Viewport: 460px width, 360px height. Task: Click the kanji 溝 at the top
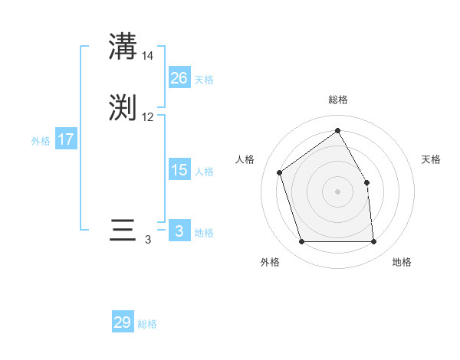(123, 47)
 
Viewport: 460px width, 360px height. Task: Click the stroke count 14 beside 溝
(148, 55)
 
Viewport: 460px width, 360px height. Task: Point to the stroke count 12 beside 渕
(148, 117)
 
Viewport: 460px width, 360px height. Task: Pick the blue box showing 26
(179, 78)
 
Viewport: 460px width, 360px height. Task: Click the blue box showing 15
(179, 170)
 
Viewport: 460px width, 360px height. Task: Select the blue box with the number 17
(66, 139)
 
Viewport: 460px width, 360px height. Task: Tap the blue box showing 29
(123, 322)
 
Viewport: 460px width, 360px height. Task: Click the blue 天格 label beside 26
(204, 80)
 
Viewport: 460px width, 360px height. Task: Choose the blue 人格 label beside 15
(204, 172)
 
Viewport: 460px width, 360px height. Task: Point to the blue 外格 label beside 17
(41, 141)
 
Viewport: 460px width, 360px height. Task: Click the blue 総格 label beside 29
(148, 324)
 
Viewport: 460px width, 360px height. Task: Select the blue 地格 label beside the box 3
(204, 233)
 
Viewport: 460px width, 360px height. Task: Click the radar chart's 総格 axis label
(337, 100)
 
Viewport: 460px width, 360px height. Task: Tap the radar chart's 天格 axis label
(432, 159)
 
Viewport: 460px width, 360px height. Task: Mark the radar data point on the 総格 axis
(337, 130)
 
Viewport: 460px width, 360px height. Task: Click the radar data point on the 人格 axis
(280, 172)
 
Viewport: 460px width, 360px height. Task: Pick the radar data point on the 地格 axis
(373, 242)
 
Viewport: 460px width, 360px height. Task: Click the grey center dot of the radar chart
(337, 191)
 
